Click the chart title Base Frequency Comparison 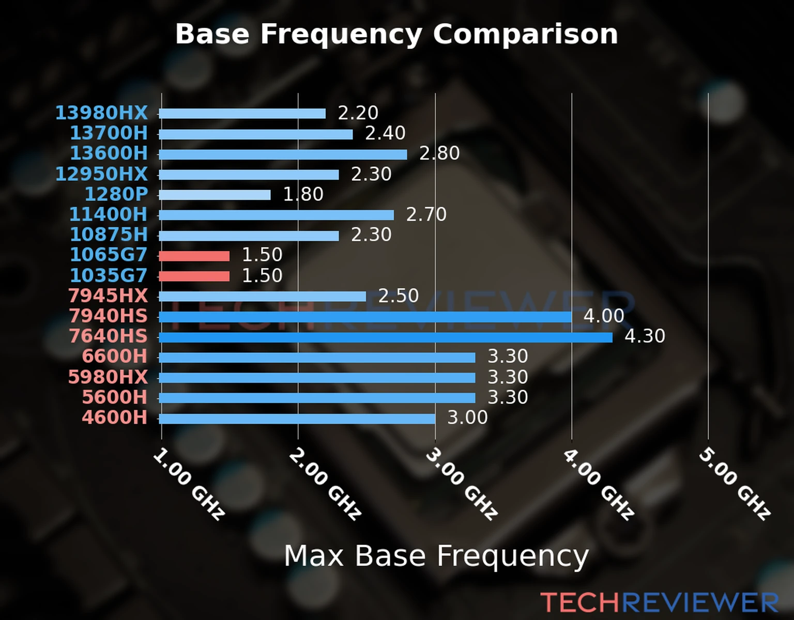point(396,34)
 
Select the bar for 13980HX point(242,114)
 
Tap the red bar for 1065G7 point(194,256)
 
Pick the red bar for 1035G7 point(194,276)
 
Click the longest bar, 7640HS point(385,337)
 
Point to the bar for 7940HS point(365,317)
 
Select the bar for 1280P point(215,195)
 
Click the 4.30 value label point(645,336)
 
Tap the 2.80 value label point(439,153)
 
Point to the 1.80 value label point(303,194)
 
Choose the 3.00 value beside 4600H point(467,417)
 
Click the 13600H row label point(109,153)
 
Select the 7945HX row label point(108,296)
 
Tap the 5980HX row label point(108,377)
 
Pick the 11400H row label point(108,214)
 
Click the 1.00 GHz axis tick point(189,484)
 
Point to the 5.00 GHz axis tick point(735,484)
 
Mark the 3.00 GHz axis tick point(462,484)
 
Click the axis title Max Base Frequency point(436,556)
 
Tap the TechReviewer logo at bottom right point(659,603)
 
